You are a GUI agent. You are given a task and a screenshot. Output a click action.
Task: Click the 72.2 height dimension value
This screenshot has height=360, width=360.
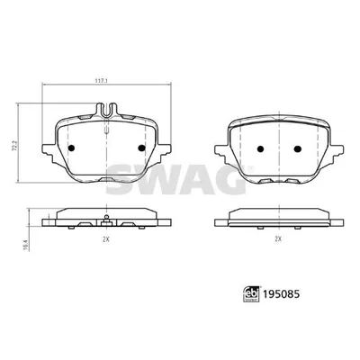coord(13,145)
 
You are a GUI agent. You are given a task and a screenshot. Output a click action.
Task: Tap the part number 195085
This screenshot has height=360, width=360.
coord(281,294)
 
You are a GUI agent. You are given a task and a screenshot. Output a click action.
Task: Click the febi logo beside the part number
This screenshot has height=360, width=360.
coord(251,294)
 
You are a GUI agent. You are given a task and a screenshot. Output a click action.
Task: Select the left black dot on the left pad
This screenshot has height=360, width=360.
coord(71,148)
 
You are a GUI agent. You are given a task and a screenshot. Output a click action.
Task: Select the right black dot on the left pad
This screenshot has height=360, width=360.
coord(141,148)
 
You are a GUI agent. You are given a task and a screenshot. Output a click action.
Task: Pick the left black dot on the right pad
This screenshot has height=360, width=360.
coord(260,148)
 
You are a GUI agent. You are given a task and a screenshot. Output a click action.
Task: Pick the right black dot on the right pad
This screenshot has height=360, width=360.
coord(297,148)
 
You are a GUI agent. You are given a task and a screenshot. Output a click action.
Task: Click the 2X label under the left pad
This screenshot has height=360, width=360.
coord(105,239)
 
